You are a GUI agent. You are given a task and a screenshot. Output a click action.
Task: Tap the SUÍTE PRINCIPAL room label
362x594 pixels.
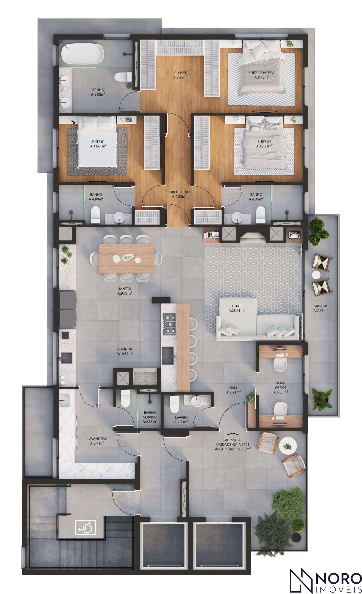tap(261, 75)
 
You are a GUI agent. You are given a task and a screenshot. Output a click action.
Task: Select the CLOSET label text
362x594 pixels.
tap(180, 75)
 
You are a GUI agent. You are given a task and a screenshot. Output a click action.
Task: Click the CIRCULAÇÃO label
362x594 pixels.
tap(179, 194)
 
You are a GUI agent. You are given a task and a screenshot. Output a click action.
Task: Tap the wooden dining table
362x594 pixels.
tap(127, 258)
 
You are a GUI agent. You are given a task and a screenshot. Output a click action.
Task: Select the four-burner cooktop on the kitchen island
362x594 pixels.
tap(169, 324)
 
